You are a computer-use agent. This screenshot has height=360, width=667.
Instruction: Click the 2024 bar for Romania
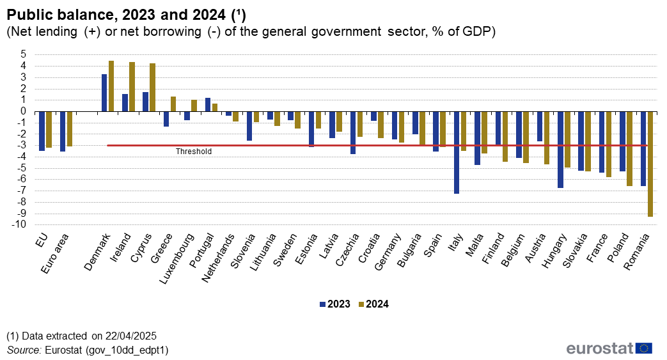[x=650, y=164]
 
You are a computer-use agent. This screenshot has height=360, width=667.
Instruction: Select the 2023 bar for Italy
[x=457, y=152]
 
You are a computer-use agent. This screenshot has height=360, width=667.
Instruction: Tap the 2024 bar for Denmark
[x=111, y=86]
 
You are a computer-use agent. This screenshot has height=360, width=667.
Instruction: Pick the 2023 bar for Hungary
[x=560, y=150]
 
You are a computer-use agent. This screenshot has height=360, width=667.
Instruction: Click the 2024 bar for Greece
[x=173, y=104]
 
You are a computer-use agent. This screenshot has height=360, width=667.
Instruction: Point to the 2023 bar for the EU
[x=42, y=131]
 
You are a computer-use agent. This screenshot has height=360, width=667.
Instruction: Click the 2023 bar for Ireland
[x=125, y=102]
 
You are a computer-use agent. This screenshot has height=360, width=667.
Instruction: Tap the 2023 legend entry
[x=334, y=304]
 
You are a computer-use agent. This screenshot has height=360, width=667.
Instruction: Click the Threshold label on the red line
[x=193, y=152]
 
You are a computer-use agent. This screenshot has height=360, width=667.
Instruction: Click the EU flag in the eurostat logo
[x=644, y=348]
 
